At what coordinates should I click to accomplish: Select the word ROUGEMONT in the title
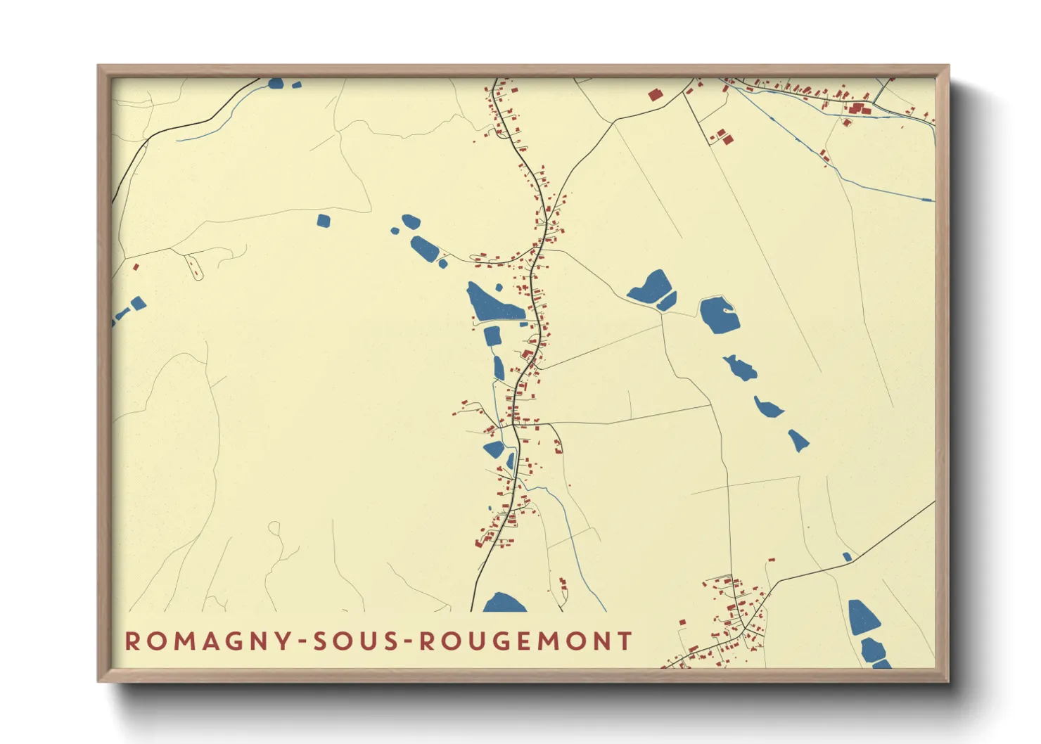(525, 641)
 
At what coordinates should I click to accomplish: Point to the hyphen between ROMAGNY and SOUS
(302, 641)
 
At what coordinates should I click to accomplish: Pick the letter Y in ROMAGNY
(283, 641)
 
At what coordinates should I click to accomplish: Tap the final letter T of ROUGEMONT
(625, 641)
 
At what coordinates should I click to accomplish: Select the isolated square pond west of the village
(323, 221)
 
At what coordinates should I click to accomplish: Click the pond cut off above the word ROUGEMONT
(504, 603)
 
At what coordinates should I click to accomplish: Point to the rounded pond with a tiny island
(719, 314)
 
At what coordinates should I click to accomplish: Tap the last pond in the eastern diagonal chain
(798, 440)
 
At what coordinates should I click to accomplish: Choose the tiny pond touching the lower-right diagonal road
(847, 557)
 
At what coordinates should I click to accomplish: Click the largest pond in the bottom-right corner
(863, 617)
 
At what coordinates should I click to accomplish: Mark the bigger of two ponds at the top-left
(276, 83)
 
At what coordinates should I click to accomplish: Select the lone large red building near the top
(655, 95)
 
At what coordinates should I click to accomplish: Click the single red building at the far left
(136, 267)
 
